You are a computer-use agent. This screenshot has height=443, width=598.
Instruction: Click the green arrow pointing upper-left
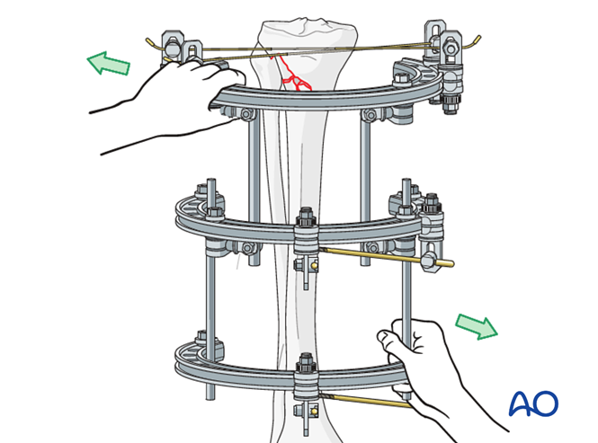click(x=108, y=64)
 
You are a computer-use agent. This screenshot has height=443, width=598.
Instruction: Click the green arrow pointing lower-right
click(x=477, y=326)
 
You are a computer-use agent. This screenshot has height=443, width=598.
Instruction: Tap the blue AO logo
click(x=533, y=403)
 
